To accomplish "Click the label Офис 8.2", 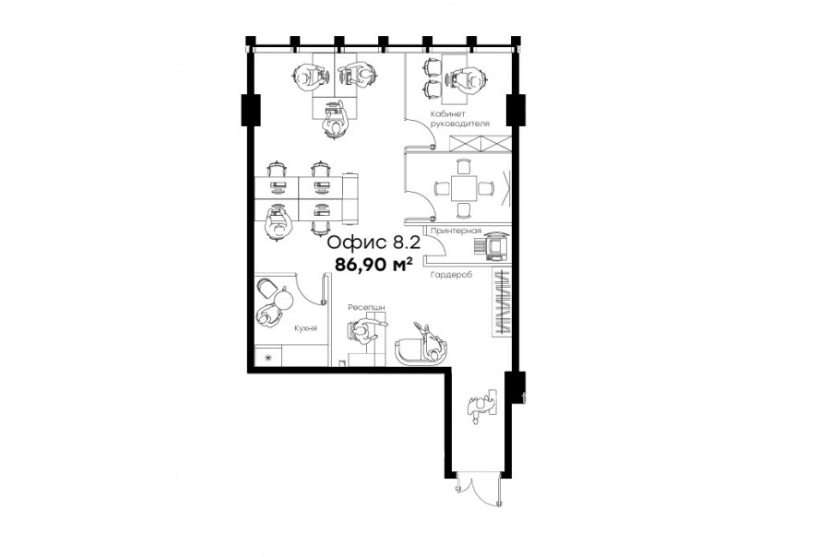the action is pyautogui.click(x=373, y=243).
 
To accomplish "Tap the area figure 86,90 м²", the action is pyautogui.click(x=373, y=264).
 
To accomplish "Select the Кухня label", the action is pyautogui.click(x=305, y=328).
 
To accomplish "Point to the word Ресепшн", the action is pyautogui.click(x=366, y=307).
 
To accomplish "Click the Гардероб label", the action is pyautogui.click(x=452, y=275).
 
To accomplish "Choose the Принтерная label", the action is pyautogui.click(x=456, y=231).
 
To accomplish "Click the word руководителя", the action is pyautogui.click(x=460, y=124).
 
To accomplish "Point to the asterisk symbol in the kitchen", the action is pyautogui.click(x=267, y=358).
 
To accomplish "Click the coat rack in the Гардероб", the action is pyautogui.click(x=502, y=302).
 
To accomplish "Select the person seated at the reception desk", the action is pyautogui.click(x=362, y=332).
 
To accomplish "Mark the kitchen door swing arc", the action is pyautogui.click(x=308, y=289).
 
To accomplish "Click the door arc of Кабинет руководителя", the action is pyautogui.click(x=421, y=132).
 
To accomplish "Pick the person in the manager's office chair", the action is pyautogui.click(x=469, y=79).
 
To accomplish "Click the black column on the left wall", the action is pyautogui.click(x=250, y=110).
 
